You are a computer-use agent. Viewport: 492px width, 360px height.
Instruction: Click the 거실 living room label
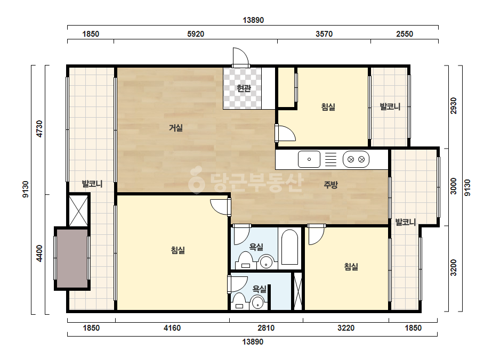click(x=176, y=128)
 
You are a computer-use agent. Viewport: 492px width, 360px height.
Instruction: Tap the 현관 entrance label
click(x=244, y=88)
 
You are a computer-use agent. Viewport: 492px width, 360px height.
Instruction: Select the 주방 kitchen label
click(x=330, y=185)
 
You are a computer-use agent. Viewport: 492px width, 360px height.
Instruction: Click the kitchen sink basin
click(x=309, y=159)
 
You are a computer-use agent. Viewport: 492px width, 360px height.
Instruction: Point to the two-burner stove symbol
click(x=356, y=159)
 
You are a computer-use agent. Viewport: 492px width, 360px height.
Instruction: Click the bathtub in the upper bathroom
click(x=289, y=248)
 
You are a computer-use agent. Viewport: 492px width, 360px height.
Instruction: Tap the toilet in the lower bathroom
click(x=240, y=301)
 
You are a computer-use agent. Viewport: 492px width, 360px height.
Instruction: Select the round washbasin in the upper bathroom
click(x=267, y=262)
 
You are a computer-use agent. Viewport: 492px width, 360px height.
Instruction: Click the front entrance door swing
click(x=240, y=58)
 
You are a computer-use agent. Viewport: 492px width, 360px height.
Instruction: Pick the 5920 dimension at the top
click(x=196, y=34)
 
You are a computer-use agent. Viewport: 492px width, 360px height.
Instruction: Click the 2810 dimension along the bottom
click(x=266, y=328)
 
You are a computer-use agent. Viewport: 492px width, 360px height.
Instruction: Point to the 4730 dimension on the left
click(x=39, y=128)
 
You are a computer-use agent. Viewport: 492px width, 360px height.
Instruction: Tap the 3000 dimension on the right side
click(x=454, y=186)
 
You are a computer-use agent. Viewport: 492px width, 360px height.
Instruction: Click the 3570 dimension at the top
click(x=324, y=34)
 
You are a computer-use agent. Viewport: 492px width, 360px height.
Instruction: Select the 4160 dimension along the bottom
click(x=172, y=328)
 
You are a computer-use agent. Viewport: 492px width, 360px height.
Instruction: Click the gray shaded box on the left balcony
click(x=72, y=258)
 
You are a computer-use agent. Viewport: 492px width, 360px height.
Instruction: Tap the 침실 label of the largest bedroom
click(x=178, y=250)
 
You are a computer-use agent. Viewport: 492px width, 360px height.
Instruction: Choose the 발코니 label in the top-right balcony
click(x=390, y=107)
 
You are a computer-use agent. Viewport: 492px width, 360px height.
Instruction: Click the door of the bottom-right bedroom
click(x=316, y=234)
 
